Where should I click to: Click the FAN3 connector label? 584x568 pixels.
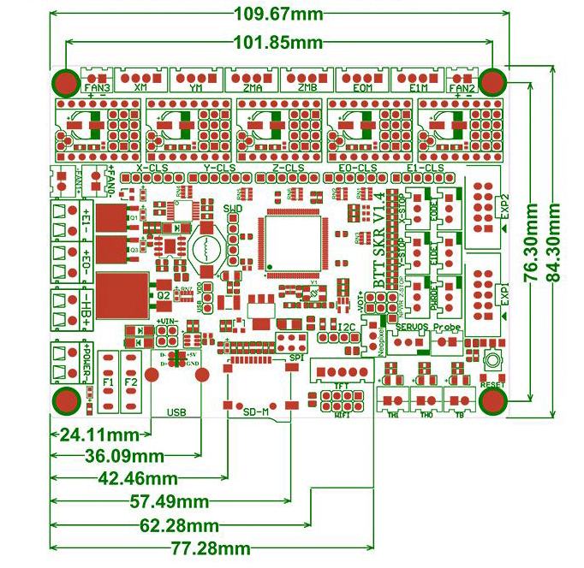tap(97, 87)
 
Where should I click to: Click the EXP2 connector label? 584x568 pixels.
tap(505, 207)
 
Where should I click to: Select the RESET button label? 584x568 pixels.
tap(493, 385)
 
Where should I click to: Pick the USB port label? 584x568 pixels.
tap(176, 411)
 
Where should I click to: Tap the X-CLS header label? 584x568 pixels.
tap(153, 169)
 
